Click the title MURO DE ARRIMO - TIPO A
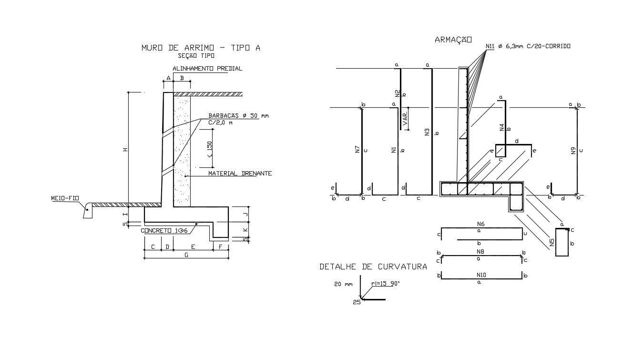(x=201, y=48)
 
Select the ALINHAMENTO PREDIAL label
(x=207, y=69)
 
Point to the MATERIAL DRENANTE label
(x=240, y=174)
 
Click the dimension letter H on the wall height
(x=125, y=150)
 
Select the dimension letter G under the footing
(x=186, y=255)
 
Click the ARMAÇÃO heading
(x=453, y=40)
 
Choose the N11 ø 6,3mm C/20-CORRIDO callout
(x=528, y=46)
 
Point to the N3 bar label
(x=427, y=132)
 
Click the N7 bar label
(x=358, y=149)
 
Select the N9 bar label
(x=573, y=150)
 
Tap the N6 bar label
(x=481, y=224)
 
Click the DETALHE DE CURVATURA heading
(x=373, y=267)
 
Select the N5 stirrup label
(x=552, y=242)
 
